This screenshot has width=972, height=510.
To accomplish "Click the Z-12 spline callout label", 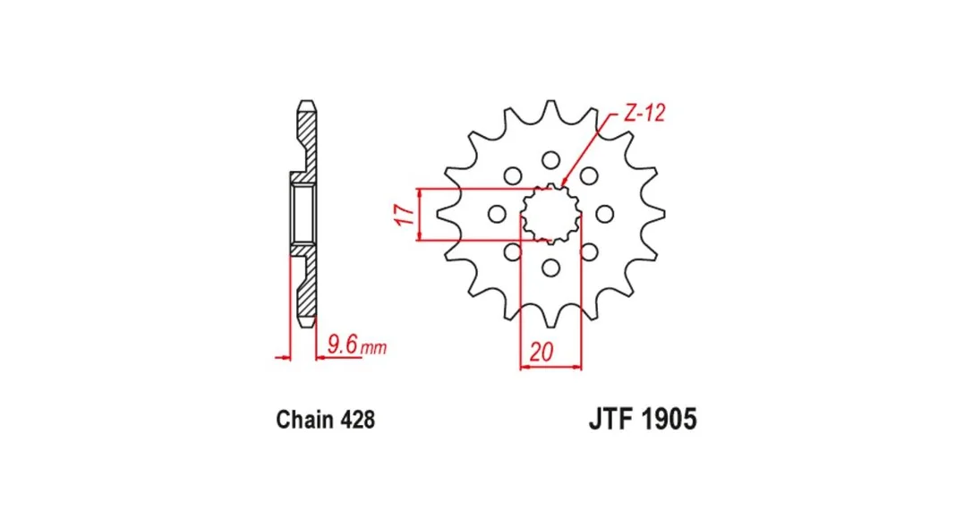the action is pos(644,114).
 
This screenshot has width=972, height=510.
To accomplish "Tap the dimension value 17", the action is pos(405,215).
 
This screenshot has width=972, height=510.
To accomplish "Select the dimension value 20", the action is pos(541,352).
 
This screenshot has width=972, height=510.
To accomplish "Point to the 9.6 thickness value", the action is pos(344,344).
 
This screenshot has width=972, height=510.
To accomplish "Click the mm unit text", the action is pos(374,348).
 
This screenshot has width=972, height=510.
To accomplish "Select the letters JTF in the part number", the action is pos(610,419).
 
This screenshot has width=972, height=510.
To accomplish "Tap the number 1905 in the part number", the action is pos(669,419).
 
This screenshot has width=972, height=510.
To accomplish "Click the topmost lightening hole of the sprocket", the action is pos(550,160).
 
